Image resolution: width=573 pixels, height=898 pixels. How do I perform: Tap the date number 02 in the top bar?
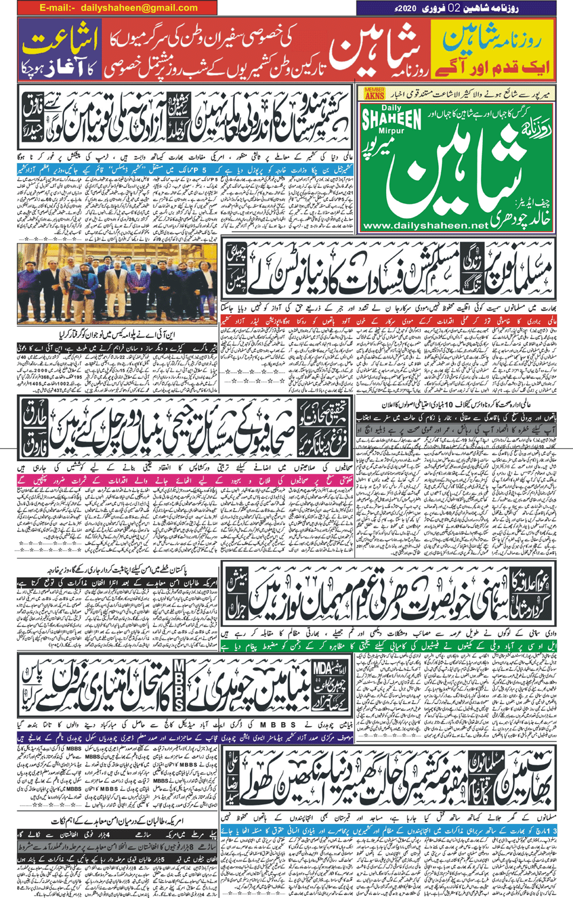[x=454, y=8]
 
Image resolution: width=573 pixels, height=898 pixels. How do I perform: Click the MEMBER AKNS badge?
[x=374, y=93]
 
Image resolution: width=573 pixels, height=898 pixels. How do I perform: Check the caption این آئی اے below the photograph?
[x=119, y=334]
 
